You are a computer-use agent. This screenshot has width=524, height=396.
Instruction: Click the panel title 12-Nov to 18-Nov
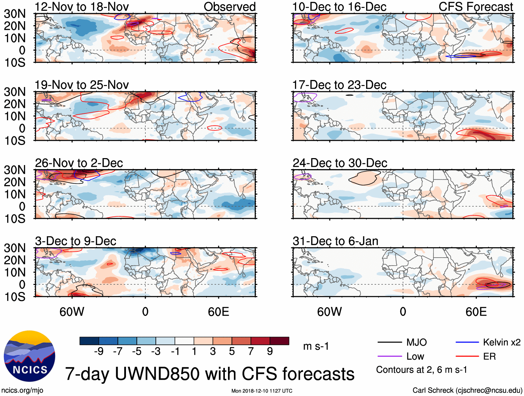tap(82, 7)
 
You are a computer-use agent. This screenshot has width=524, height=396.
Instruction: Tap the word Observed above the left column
tap(229, 7)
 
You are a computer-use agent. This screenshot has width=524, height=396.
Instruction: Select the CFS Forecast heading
tap(475, 7)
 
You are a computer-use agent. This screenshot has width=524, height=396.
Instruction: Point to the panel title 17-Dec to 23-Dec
tap(339, 85)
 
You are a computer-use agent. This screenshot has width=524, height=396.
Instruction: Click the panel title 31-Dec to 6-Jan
tap(335, 241)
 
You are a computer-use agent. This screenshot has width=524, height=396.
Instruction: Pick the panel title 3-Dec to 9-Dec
tap(75, 241)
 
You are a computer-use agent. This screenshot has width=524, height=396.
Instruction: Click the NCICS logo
tap(29, 356)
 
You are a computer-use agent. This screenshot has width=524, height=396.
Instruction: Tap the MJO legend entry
tap(416, 343)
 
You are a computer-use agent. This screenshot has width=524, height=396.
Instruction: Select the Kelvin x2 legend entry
tap(501, 343)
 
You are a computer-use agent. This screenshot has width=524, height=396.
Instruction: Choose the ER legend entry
tap(489, 356)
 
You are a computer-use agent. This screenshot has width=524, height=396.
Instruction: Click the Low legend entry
tap(415, 356)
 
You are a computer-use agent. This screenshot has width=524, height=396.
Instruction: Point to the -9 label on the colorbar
tap(99, 352)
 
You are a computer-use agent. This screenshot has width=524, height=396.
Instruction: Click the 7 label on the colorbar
tap(251, 352)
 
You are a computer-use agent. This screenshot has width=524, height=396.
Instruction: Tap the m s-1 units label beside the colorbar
tap(316, 346)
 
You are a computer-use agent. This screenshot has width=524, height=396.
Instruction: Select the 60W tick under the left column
tap(72, 312)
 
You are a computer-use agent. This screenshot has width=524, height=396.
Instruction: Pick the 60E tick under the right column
tap(476, 312)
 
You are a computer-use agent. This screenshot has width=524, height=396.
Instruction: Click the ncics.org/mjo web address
tap(23, 390)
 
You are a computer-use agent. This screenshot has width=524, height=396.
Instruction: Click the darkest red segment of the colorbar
tap(279, 341)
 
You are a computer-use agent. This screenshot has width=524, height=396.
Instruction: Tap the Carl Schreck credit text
tap(467, 390)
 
